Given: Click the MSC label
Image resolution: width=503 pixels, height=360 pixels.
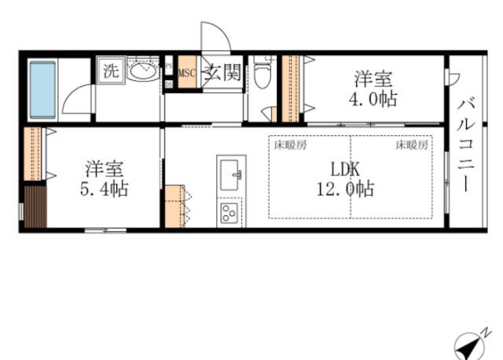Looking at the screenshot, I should point(186,74).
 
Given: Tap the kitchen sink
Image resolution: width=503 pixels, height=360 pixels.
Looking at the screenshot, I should point(230,175).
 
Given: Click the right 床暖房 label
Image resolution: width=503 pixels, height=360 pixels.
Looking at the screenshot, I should point(411,145).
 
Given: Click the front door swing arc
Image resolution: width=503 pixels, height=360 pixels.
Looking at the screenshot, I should point(213,39).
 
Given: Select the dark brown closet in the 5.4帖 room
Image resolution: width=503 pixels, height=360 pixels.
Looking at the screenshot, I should point(34,206).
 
